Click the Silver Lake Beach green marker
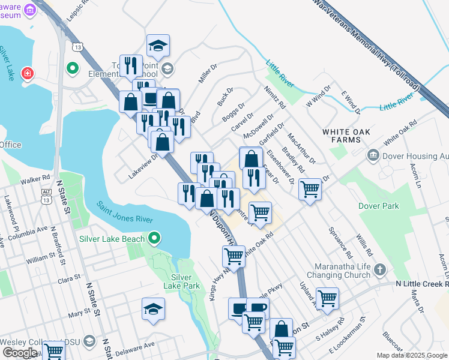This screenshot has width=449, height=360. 154,239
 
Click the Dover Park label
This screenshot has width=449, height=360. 378,206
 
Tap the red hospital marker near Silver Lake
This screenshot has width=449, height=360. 27,74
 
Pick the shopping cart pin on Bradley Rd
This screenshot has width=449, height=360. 310,190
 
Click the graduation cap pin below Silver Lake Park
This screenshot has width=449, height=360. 153,310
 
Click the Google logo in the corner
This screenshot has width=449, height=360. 19,353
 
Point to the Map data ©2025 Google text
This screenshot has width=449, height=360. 412,355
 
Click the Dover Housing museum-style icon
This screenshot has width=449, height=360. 373,155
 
